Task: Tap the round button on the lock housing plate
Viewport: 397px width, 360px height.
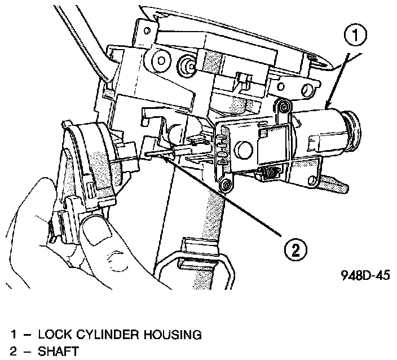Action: pos(244,150)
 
